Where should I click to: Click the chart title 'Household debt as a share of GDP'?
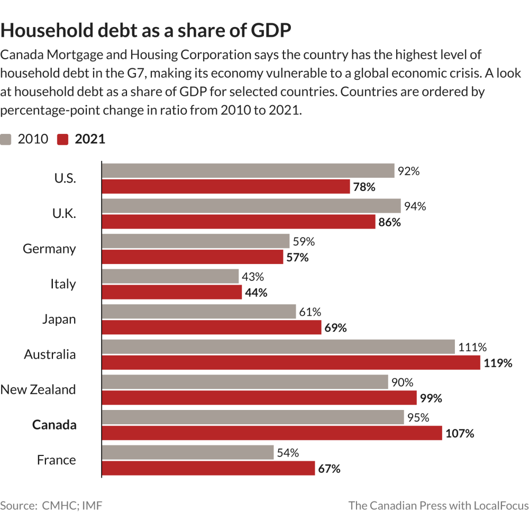click(x=146, y=31)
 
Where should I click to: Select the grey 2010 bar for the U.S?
click(x=248, y=171)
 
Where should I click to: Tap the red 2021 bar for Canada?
click(x=271, y=433)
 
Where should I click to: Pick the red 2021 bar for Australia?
click(x=290, y=363)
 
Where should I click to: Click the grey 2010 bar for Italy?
click(x=170, y=277)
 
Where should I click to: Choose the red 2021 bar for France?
click(x=208, y=469)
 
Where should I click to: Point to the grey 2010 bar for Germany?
click(x=195, y=241)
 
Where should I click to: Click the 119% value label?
click(x=498, y=363)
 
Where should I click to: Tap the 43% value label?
click(x=253, y=277)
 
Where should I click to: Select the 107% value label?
click(x=460, y=434)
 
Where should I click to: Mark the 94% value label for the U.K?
click(x=415, y=206)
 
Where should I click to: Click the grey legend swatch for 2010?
click(x=6, y=139)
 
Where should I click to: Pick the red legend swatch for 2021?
click(x=63, y=139)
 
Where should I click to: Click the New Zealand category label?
click(x=38, y=390)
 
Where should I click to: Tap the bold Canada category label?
click(x=54, y=425)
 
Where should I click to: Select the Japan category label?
click(x=59, y=320)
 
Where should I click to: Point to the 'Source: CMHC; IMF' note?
click(x=51, y=505)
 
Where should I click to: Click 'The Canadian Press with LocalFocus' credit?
click(x=438, y=505)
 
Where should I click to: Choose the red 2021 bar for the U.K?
click(x=238, y=222)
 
